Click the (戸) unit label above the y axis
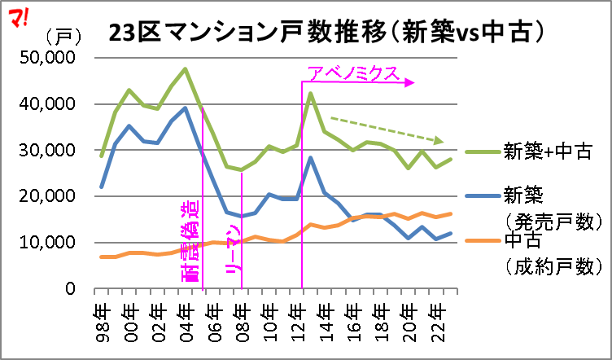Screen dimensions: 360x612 pyautogui.click(x=61, y=37)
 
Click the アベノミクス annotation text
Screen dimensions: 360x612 pyautogui.click(x=353, y=75)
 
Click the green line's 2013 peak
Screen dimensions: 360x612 pyautogui.click(x=311, y=93)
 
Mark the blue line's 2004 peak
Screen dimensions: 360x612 pyautogui.click(x=186, y=108)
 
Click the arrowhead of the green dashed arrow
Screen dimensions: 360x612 pyautogui.click(x=439, y=140)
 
